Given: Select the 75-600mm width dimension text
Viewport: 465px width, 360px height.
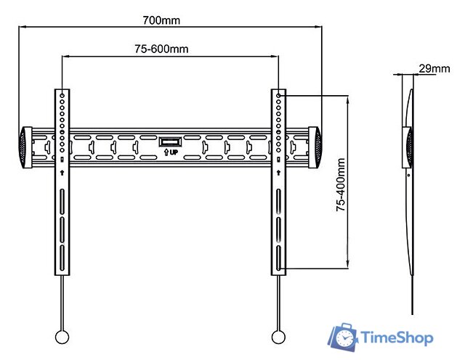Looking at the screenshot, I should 161,49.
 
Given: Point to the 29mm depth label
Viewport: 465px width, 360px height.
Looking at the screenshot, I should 434,69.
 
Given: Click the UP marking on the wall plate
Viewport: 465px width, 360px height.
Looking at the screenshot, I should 169,153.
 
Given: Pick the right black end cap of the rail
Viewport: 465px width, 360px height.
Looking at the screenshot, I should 316,147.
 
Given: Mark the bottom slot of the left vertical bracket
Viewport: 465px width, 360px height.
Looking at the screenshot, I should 62,258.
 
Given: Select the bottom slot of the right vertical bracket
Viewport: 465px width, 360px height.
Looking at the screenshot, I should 279,258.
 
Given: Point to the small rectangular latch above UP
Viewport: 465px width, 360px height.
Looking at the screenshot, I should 169,141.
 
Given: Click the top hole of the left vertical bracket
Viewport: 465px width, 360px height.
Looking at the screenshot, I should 62,94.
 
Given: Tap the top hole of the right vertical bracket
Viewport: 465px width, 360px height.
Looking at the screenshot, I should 279,94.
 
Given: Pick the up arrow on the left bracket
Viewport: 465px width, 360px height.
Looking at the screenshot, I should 62,173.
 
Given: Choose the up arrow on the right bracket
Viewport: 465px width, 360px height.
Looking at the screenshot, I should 279,173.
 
